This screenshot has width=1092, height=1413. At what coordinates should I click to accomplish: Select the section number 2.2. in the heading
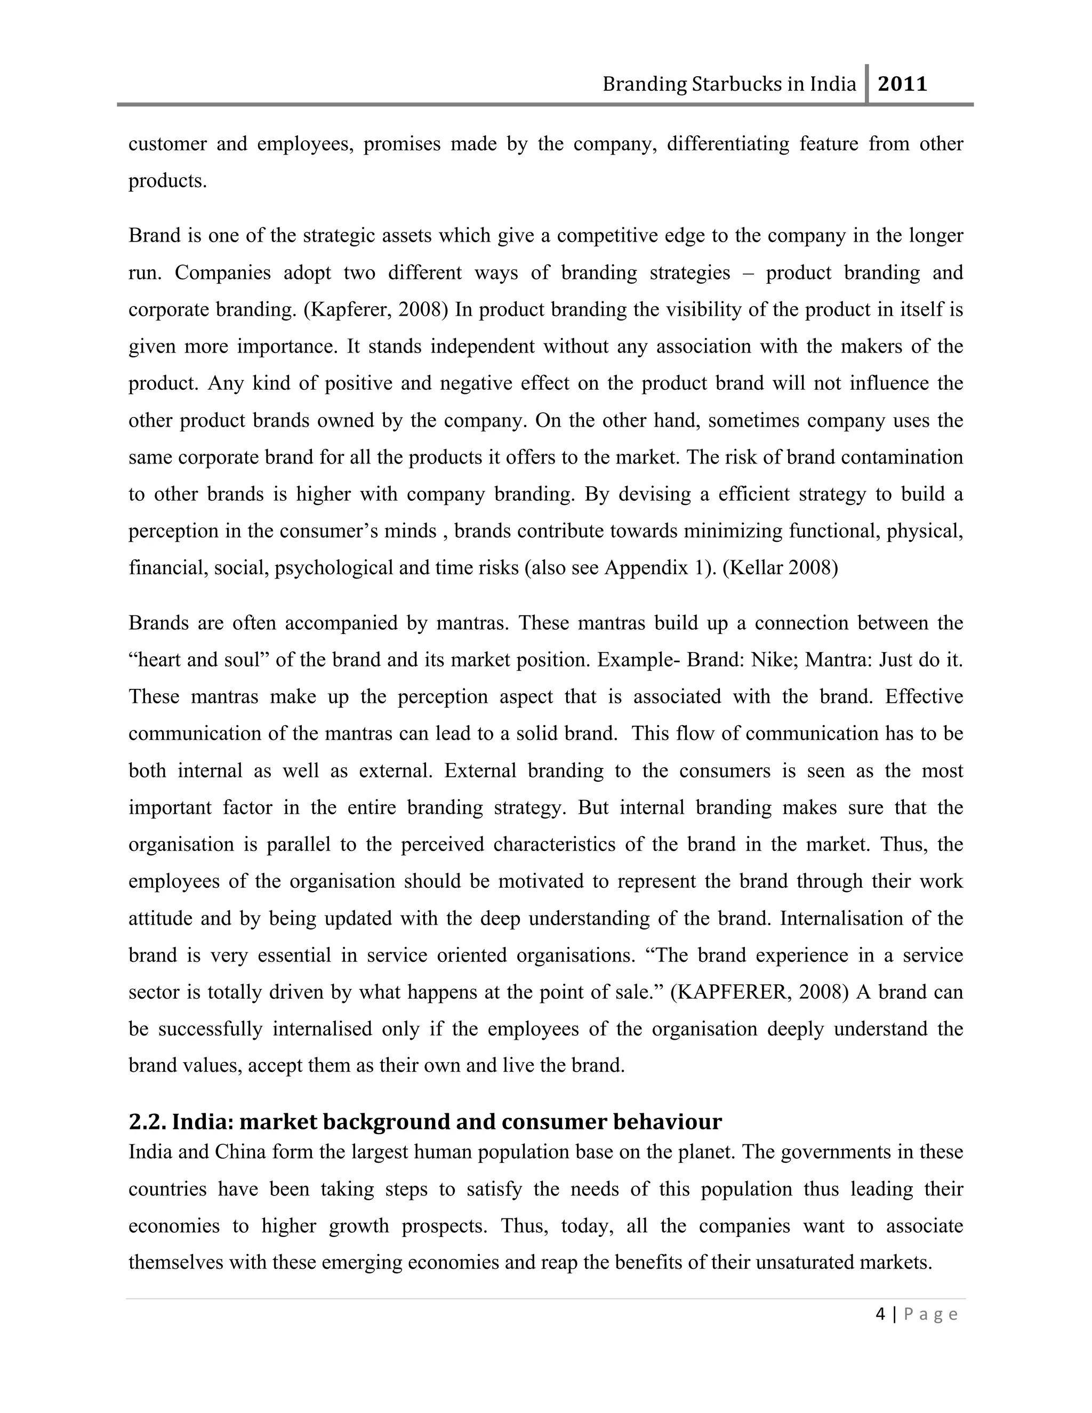tap(148, 1121)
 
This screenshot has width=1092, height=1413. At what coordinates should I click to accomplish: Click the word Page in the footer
tap(930, 1315)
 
